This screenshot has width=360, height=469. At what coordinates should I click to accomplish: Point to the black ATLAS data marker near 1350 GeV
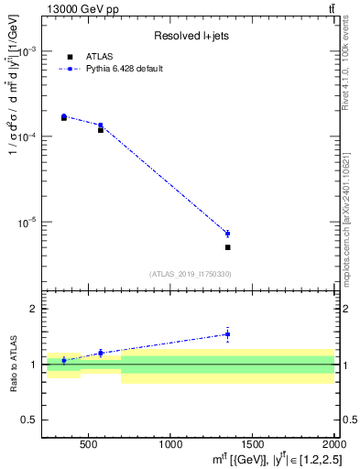(x=227, y=247)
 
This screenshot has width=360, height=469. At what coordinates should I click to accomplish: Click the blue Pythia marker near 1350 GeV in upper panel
(x=227, y=234)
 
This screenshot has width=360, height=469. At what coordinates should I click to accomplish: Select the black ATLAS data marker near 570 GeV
(x=101, y=130)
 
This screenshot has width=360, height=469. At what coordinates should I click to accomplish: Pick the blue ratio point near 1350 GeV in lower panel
(x=227, y=334)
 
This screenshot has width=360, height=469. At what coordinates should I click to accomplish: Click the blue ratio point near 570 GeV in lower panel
(x=101, y=353)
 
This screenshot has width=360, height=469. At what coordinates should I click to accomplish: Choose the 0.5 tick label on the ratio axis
(x=40, y=420)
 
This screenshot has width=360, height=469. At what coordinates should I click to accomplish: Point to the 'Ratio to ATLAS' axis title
(x=13, y=365)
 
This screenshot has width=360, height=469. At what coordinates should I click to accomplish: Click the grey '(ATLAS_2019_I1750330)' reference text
(x=191, y=274)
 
